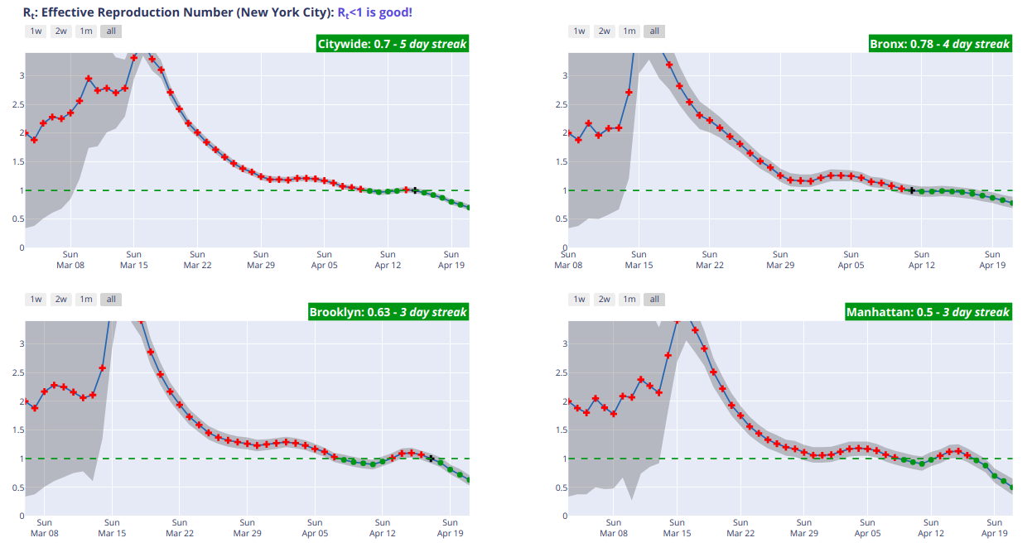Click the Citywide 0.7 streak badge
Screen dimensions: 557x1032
[x=393, y=44]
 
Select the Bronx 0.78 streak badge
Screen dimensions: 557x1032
[x=938, y=44]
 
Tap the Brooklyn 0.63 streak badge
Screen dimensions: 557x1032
[x=388, y=312]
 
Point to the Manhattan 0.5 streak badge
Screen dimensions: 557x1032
[x=927, y=312]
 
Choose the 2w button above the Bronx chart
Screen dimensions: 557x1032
[x=604, y=31]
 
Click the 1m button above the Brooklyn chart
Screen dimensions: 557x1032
[x=85, y=300]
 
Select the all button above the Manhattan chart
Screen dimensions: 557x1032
[x=654, y=300]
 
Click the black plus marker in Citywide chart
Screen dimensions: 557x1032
[x=415, y=190]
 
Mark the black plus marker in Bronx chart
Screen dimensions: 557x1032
[x=912, y=190]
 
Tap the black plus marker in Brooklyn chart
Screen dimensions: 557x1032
[x=431, y=458]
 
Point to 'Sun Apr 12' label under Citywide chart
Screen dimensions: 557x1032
[x=388, y=259]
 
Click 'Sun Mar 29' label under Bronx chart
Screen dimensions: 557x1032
[x=780, y=259]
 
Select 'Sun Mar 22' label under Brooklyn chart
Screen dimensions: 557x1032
[x=180, y=528]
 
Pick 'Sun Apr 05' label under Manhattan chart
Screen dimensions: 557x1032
[x=867, y=528]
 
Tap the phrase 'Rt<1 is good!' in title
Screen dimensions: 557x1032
[x=374, y=12]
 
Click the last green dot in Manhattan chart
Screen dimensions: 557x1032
[x=1012, y=487]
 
